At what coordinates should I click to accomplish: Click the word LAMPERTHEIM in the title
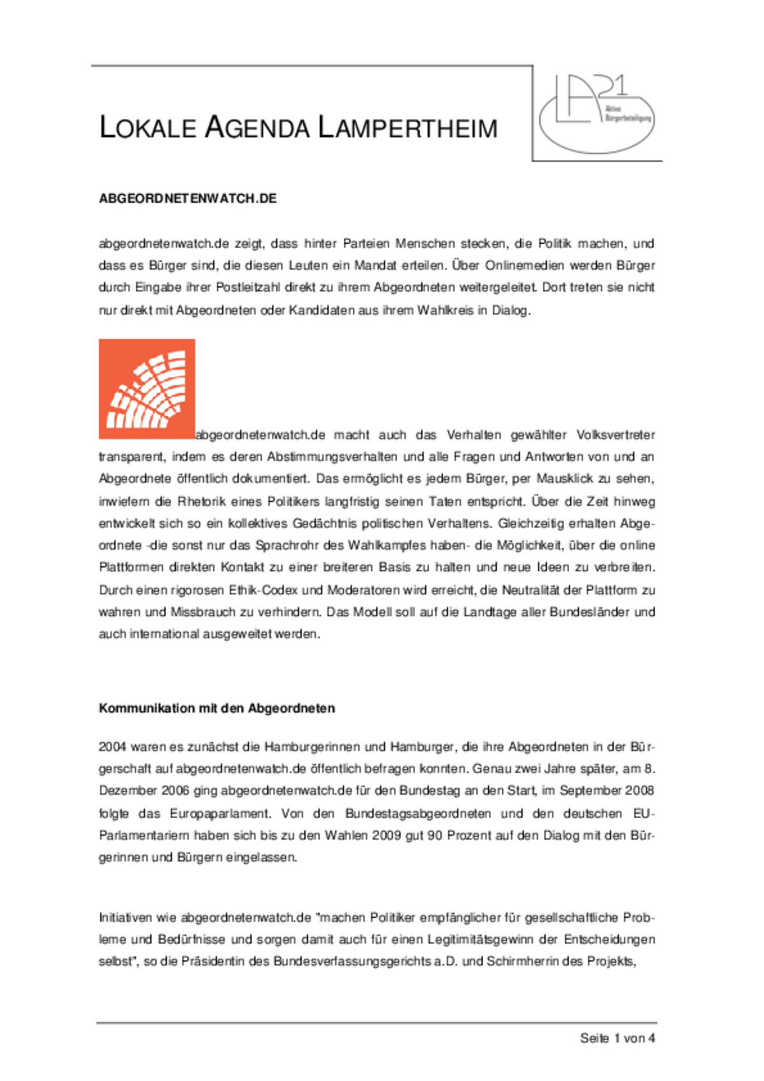(x=407, y=128)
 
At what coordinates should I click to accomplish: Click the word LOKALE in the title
(x=148, y=128)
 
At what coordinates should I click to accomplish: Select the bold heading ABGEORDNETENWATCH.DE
(x=188, y=199)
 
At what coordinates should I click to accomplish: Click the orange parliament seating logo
(x=147, y=389)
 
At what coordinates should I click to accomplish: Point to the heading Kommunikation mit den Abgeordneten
(x=216, y=708)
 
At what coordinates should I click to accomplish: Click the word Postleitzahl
(x=248, y=288)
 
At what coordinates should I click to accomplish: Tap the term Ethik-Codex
(x=264, y=590)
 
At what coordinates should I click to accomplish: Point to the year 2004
(x=113, y=747)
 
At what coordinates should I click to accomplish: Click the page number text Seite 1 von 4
(x=617, y=1038)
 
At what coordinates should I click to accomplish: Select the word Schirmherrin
(x=523, y=961)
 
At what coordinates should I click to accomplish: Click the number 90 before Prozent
(x=434, y=835)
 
